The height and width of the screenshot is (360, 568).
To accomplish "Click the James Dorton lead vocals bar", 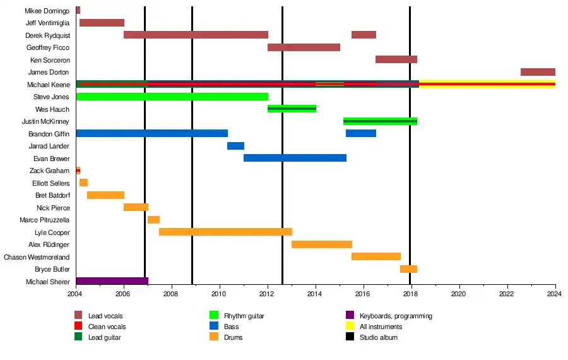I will [538, 72].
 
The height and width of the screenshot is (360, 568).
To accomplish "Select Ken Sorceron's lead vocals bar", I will [396, 59].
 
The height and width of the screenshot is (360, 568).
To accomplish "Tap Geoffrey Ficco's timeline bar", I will [304, 47].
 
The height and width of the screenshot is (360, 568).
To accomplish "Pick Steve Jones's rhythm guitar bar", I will [172, 97].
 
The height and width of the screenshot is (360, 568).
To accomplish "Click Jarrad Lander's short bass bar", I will [235, 146].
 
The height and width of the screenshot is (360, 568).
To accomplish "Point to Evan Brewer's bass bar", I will [295, 158].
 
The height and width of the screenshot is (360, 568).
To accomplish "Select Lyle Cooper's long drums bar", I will [225, 232].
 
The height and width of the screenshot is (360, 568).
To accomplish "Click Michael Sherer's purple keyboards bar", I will [112, 281].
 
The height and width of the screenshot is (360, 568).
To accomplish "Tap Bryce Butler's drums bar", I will [408, 269].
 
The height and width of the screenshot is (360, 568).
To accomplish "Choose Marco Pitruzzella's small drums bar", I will [153, 220].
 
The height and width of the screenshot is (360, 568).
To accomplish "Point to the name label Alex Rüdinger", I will [49, 244].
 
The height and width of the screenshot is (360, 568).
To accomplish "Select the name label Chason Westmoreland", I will [37, 257].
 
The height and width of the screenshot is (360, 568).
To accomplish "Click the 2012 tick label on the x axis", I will [268, 294].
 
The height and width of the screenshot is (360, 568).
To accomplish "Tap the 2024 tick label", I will [555, 294].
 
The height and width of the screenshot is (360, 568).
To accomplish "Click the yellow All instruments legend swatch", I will [350, 327].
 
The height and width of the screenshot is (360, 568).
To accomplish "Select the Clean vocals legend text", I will [107, 327].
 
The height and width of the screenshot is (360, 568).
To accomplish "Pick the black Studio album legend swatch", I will [350, 337].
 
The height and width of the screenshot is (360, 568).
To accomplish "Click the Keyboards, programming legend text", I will [396, 316].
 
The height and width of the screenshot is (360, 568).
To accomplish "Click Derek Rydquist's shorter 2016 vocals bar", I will [364, 35].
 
